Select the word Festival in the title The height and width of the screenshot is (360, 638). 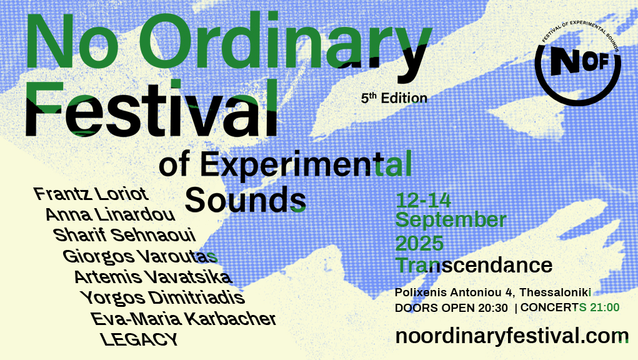click(151, 108)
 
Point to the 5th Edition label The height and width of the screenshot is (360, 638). click(394, 98)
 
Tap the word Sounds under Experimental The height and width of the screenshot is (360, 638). click(246, 200)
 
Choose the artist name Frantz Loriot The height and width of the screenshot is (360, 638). click(91, 194)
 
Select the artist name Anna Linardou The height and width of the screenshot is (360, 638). click(110, 214)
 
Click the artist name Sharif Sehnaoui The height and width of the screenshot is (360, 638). click(124, 235)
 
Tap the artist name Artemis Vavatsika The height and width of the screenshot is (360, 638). click(153, 277)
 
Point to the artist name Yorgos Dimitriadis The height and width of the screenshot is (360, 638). click(162, 297)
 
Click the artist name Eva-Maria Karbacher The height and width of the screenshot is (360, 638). click(183, 319)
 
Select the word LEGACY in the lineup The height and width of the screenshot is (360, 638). click(139, 339)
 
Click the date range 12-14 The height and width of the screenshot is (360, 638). click(423, 201)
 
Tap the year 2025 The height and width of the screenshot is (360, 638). click(419, 243)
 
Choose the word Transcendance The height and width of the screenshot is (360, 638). click(474, 265)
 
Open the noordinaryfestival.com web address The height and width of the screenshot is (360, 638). click(512, 336)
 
